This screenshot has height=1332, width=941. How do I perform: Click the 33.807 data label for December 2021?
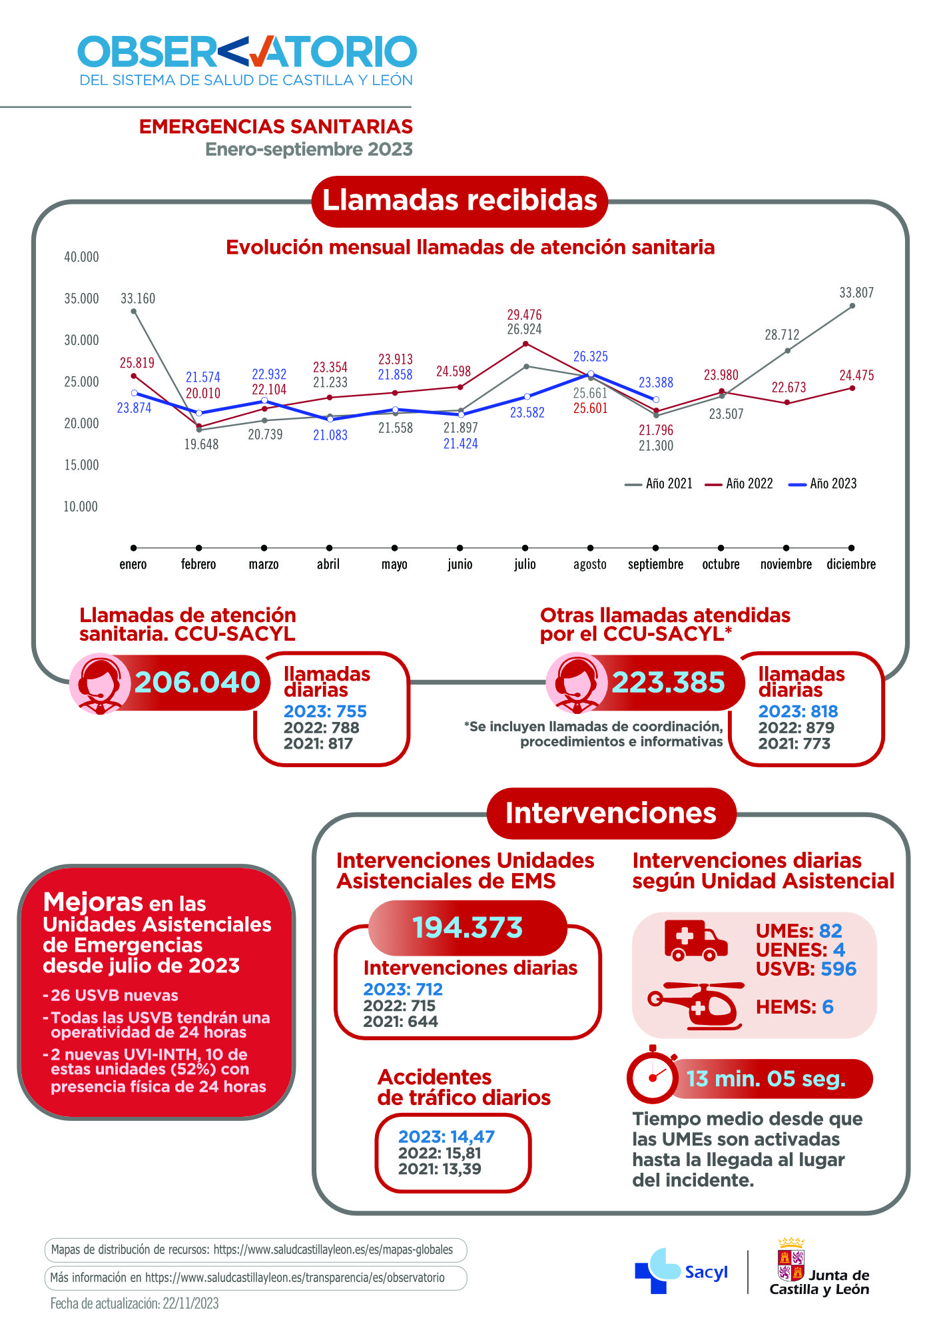(x=856, y=292)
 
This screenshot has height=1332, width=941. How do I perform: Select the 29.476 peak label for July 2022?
(x=524, y=314)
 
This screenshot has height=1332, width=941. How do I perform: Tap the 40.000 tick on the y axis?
(x=81, y=257)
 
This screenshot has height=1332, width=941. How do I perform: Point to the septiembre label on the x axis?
(x=655, y=564)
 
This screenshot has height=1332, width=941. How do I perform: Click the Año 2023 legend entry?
(x=823, y=484)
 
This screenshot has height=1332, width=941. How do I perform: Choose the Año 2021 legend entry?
(x=659, y=484)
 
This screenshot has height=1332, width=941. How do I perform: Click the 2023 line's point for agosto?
(x=591, y=374)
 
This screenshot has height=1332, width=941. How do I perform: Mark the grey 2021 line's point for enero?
(x=134, y=311)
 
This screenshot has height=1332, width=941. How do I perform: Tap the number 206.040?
(x=197, y=682)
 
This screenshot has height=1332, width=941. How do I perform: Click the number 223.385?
(x=668, y=682)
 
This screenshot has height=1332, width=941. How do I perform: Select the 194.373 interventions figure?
(x=468, y=927)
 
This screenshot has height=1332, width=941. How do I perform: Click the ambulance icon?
(x=695, y=940)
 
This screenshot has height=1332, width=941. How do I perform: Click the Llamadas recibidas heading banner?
(x=460, y=200)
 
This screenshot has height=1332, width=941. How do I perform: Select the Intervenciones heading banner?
(x=611, y=813)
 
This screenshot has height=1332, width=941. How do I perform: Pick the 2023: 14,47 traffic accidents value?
(x=446, y=1136)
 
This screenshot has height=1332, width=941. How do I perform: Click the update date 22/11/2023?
(x=190, y=1303)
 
